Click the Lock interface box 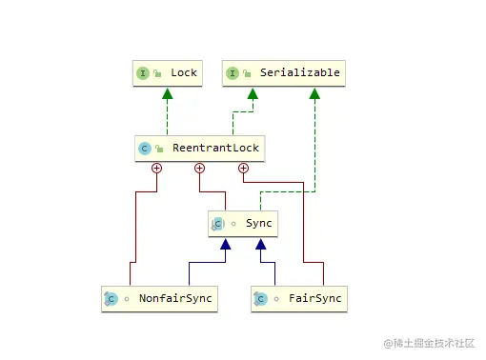coord(167,73)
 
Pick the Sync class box coord(243,224)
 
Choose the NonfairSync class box coord(158,298)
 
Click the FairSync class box coord(297,298)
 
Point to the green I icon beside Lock coord(143,73)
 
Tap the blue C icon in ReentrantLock coord(144,149)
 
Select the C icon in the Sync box coord(217,224)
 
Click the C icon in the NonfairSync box coord(111,298)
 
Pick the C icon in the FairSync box coord(260,298)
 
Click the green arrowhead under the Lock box coord(167,92)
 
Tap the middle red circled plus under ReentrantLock coord(200,169)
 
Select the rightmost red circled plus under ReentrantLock coord(243,169)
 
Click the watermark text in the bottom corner coord(429,342)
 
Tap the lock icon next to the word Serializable coord(246,73)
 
